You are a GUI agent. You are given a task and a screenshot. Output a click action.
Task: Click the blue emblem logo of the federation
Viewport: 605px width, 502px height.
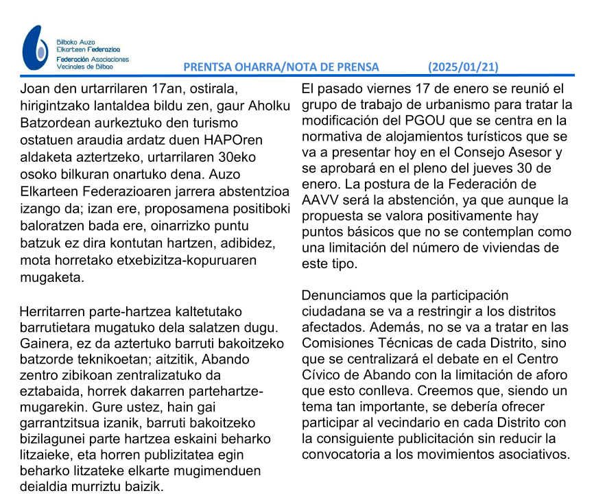pos(35,49)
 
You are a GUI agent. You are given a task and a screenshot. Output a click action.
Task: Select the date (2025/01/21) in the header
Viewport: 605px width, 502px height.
pos(463,67)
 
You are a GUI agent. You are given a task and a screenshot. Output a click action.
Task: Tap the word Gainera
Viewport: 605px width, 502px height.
pos(45,343)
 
